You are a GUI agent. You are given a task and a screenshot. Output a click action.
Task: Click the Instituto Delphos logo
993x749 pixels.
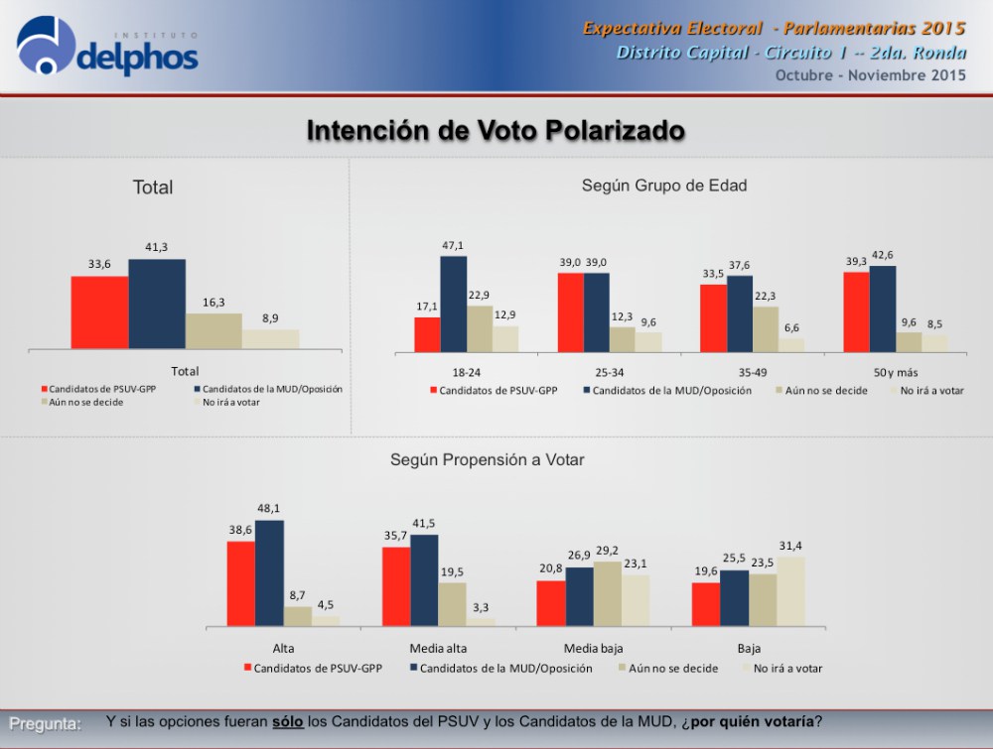(x=107, y=46)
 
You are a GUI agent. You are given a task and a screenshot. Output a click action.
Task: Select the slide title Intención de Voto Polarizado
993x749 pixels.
(x=496, y=130)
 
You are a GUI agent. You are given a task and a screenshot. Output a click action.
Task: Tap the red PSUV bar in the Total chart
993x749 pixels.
(x=99, y=312)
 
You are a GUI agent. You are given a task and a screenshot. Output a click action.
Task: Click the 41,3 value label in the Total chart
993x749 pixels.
(x=157, y=247)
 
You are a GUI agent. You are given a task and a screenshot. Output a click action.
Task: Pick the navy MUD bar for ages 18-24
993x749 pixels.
(x=454, y=305)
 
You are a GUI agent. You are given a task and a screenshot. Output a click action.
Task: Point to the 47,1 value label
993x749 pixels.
(x=453, y=245)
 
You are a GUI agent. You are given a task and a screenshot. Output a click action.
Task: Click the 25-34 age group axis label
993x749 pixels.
(x=610, y=373)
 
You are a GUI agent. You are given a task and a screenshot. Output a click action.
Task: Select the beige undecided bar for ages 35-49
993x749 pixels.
(x=766, y=329)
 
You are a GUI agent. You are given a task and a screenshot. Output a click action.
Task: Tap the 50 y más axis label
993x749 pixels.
(x=896, y=373)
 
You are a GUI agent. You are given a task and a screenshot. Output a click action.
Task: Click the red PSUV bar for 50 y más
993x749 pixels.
(x=856, y=312)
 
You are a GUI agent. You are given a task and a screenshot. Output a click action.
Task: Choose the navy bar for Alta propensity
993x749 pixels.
(x=269, y=573)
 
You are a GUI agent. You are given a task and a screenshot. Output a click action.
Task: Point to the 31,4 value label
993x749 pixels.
(x=790, y=546)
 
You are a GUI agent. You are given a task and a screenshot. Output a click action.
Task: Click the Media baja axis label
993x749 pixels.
(x=594, y=649)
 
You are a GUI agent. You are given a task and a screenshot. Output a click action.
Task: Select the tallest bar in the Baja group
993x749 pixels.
(x=791, y=591)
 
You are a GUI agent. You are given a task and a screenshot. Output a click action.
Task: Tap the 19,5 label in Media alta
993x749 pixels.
(x=452, y=571)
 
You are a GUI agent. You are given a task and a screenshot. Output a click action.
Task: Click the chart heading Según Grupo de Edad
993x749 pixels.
(x=664, y=186)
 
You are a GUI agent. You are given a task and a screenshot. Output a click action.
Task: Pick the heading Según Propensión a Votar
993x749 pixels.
(x=487, y=460)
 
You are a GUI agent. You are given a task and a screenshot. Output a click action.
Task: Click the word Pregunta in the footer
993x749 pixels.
(x=45, y=724)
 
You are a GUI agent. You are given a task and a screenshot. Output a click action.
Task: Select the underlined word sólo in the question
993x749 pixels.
(x=288, y=722)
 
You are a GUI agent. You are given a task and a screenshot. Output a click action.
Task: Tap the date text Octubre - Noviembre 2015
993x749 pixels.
(x=871, y=75)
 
